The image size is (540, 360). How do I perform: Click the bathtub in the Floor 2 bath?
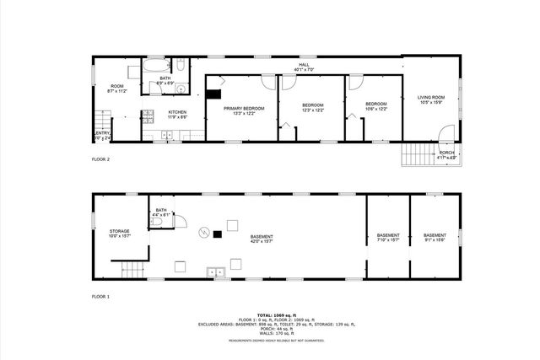tap(155, 65)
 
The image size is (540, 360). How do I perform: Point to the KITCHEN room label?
tap(177, 112)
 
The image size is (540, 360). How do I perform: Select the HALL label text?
tap(301, 67)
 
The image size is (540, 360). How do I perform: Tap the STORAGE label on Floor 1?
tap(119, 232)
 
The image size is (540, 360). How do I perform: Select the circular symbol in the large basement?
tap(202, 232)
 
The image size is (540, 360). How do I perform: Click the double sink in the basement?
tap(218, 271)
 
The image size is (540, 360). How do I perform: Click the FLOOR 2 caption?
tap(101, 159)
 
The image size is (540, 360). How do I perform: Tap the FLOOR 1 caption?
tap(101, 297)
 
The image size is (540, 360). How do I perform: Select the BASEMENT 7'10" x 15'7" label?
tap(388, 237)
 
